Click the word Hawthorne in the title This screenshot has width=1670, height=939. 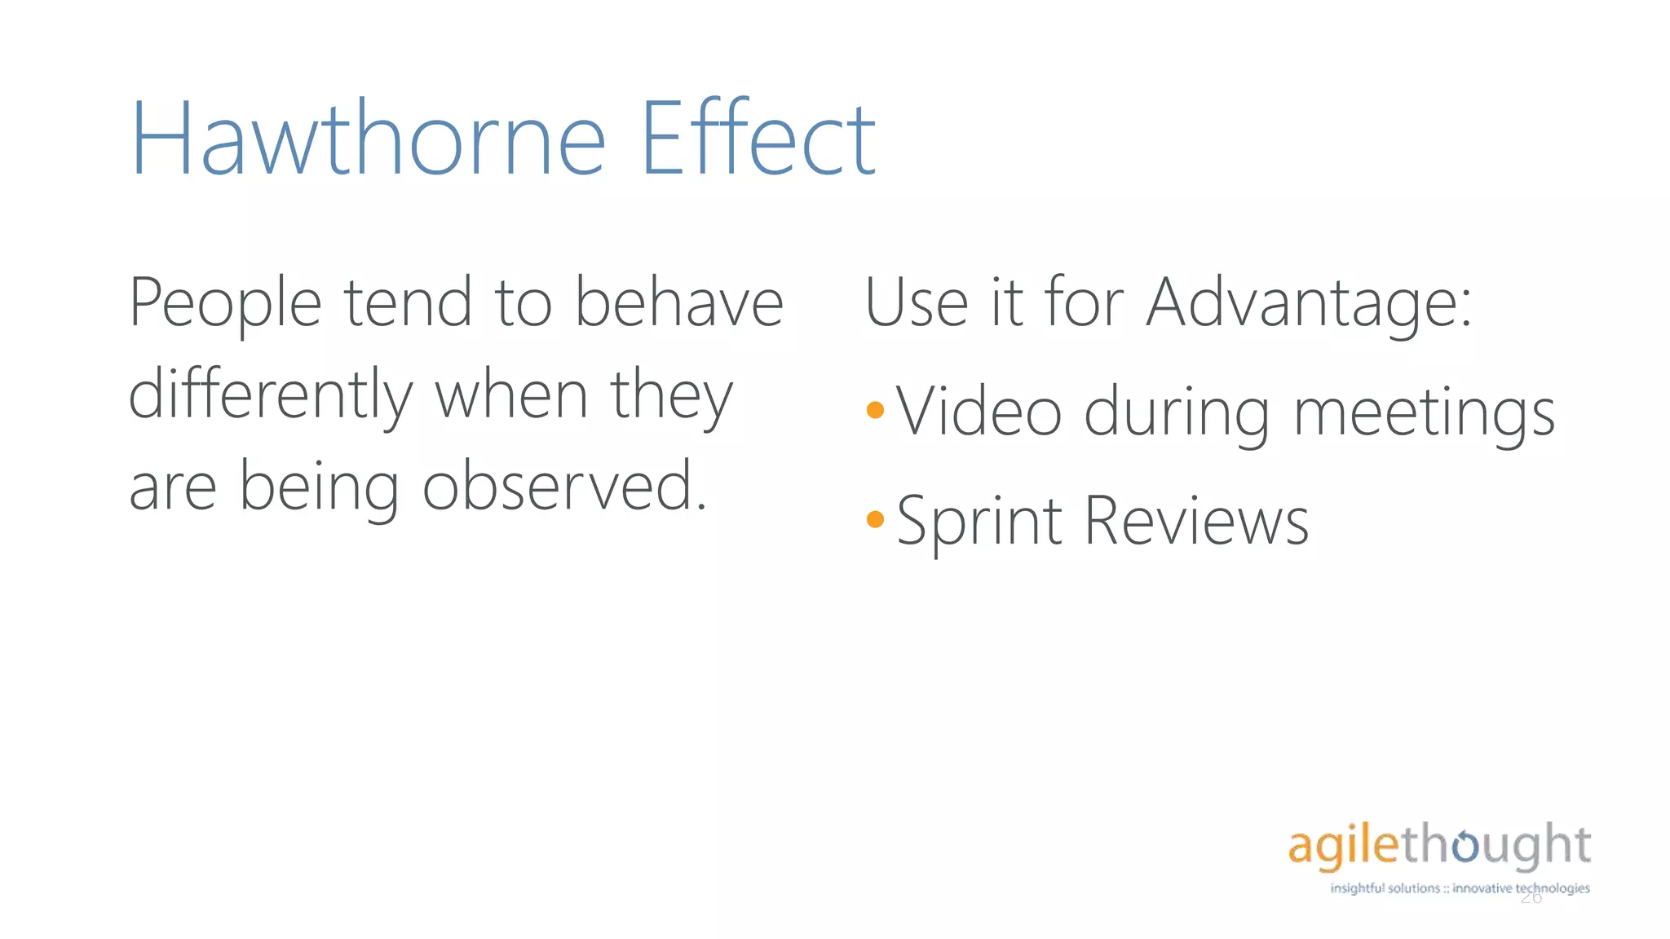pos(368,139)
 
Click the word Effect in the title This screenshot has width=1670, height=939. pos(758,139)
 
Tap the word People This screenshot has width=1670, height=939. pos(225,304)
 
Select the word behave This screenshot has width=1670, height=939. pos(679,302)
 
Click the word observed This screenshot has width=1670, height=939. pos(563,487)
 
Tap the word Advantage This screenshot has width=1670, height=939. pos(1308,304)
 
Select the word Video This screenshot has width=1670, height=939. pos(979,412)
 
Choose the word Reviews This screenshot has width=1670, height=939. pos(1196,522)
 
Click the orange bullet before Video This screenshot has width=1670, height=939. pos(875,410)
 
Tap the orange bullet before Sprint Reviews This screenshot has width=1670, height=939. pos(875,519)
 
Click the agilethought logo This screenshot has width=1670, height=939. pos(1439,845)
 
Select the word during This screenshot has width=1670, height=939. pos(1177,412)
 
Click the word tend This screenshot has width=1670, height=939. pos(408,302)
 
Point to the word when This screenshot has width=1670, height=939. pos(511,395)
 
